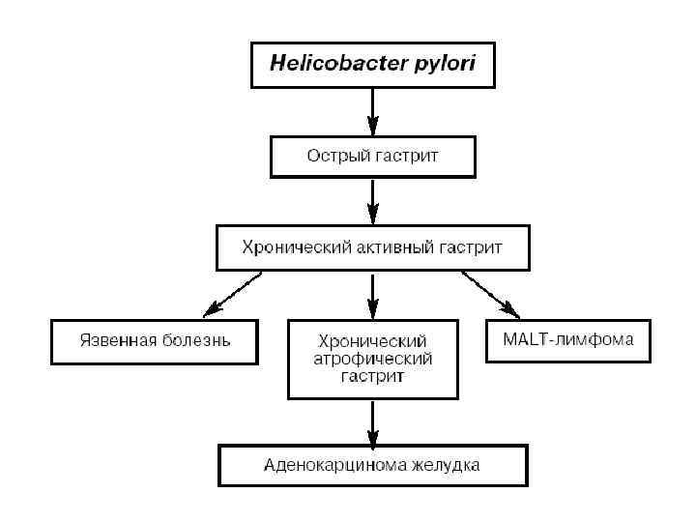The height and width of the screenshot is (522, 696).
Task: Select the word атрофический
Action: coord(373,358)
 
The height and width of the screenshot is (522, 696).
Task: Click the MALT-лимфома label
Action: coord(568,339)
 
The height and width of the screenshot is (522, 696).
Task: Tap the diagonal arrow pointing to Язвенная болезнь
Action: coord(232,294)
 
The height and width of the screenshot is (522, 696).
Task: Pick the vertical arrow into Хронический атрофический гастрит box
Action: coord(373,296)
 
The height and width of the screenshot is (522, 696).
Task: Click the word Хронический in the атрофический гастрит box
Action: coord(373,341)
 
